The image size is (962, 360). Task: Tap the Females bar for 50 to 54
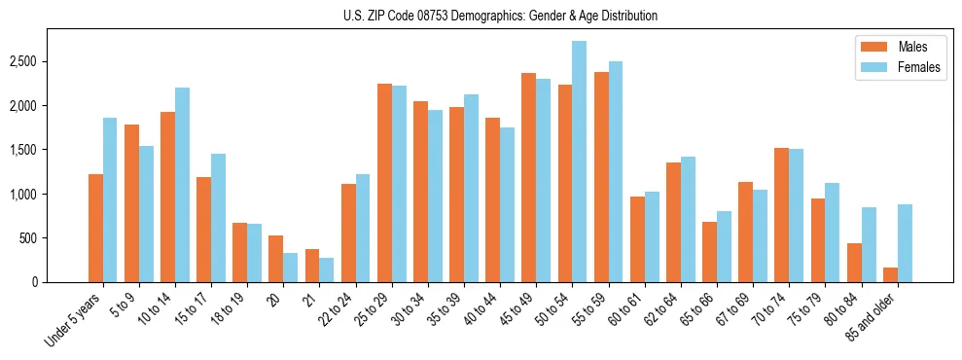click(x=579, y=162)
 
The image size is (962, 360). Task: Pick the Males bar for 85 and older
click(x=890, y=274)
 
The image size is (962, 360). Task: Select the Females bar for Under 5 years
click(x=110, y=199)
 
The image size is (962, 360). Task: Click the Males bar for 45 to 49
click(x=528, y=177)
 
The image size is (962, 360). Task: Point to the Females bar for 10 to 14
click(x=182, y=185)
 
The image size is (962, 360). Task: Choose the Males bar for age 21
click(x=311, y=266)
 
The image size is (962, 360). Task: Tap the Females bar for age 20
click(x=290, y=268)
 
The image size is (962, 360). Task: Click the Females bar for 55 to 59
click(x=615, y=171)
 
